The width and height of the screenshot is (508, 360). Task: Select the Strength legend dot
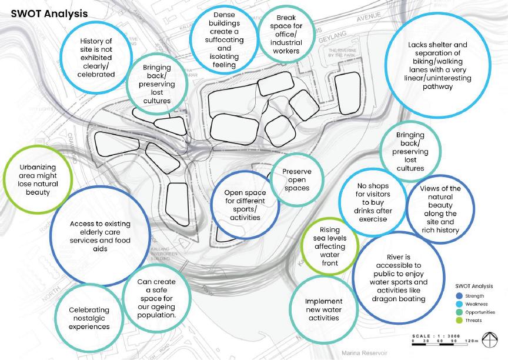pos(459,295)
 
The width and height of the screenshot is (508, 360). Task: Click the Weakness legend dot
pos(459,304)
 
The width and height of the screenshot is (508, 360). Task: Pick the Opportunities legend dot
pos(459,312)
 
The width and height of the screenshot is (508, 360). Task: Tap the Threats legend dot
pos(459,321)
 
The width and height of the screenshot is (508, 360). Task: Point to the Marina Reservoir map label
pos(362,354)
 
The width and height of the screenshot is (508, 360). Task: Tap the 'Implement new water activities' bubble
pos(323,309)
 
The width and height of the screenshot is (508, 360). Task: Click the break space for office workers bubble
pos(286,35)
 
